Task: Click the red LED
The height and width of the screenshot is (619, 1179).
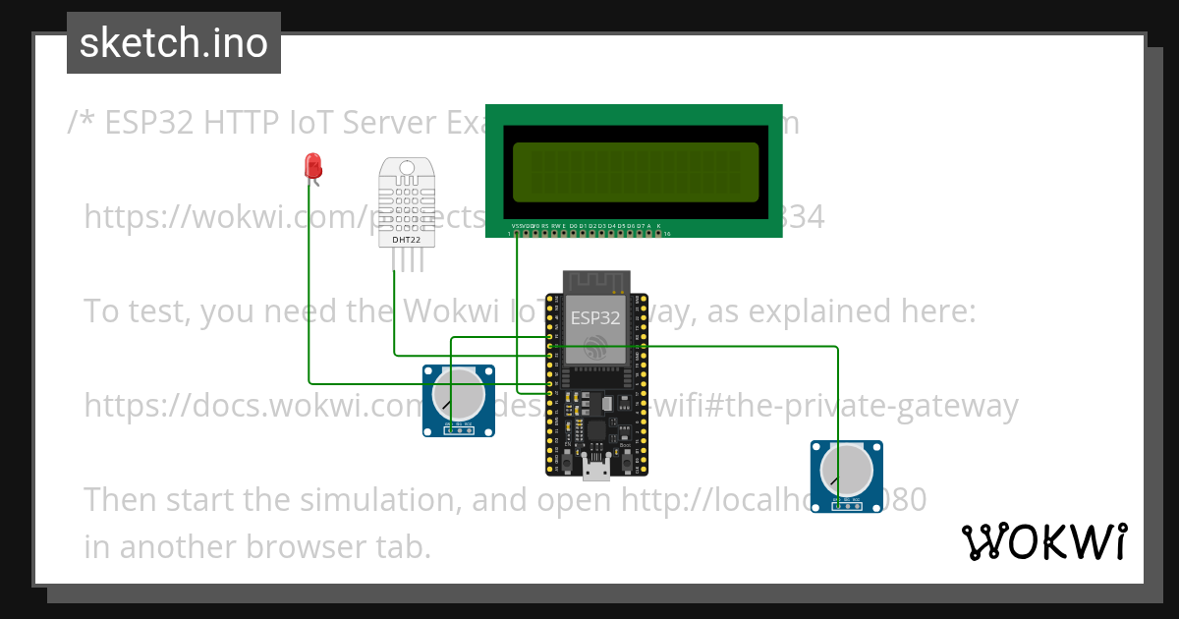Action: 313,165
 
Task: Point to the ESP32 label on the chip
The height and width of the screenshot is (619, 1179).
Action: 596,318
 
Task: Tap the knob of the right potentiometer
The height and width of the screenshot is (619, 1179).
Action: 846,470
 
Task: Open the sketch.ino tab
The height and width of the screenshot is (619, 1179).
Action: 174,43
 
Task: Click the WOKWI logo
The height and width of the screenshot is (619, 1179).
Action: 1044,541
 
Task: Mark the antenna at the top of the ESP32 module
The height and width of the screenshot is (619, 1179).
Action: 595,282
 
